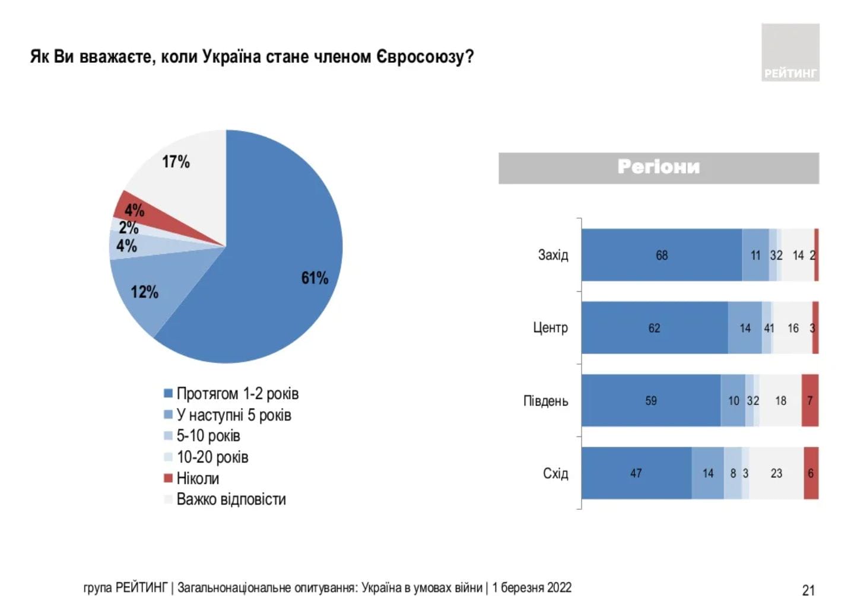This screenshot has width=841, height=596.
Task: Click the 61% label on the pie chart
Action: [x=315, y=278]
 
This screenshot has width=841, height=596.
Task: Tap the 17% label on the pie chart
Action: [x=176, y=161]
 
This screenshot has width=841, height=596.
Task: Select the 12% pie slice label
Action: [x=144, y=292]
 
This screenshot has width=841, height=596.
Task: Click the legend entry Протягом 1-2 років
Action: [x=237, y=394]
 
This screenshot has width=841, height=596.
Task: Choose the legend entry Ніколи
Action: [x=198, y=478]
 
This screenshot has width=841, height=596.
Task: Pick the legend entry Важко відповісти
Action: [x=231, y=499]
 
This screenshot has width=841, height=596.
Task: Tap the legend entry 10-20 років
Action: [x=212, y=457]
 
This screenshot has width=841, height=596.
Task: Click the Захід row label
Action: [x=553, y=255]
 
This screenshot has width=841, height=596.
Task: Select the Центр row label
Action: [x=550, y=328]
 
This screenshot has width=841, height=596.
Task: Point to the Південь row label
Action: [x=545, y=401]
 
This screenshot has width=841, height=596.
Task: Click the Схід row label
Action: [x=555, y=473]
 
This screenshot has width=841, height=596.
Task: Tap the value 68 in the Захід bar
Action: [x=661, y=255]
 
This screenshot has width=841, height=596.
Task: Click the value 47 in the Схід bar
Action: [x=636, y=473]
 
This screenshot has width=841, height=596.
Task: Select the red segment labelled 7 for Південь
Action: [x=810, y=401]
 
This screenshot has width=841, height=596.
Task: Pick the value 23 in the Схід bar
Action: [x=776, y=473]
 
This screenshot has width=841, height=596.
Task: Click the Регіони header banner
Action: [x=658, y=168]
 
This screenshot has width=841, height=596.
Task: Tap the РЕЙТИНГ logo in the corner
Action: [x=790, y=53]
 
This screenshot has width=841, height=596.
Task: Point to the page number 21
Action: [x=808, y=589]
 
